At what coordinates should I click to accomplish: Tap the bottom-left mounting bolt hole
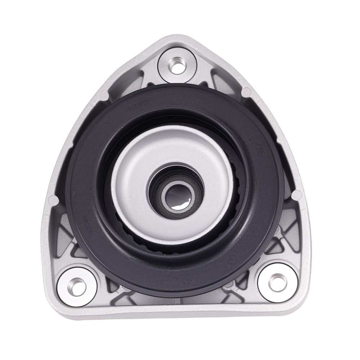(77, 282)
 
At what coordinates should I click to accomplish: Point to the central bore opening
(177, 197)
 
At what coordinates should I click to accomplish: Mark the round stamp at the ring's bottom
(186, 279)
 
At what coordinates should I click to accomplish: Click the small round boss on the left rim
(53, 199)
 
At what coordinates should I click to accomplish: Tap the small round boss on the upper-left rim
(103, 96)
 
